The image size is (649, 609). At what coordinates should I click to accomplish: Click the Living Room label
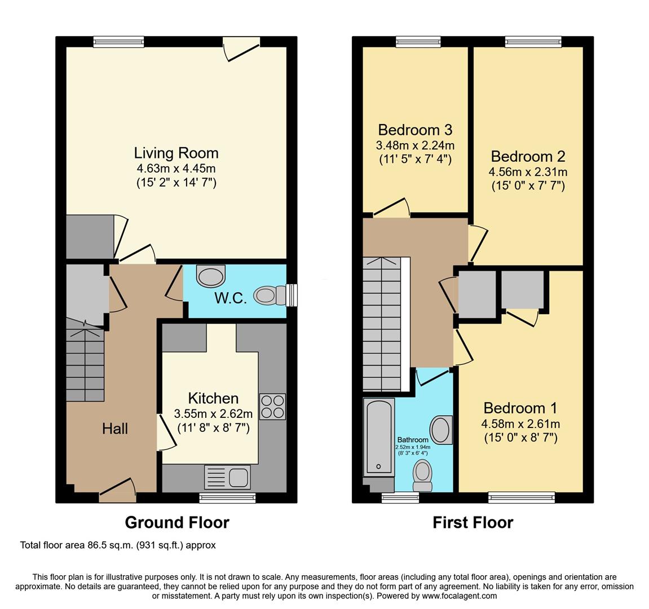point(176,153)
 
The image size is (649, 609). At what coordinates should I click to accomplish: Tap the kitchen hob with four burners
point(272,407)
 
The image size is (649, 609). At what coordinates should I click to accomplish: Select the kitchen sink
point(227,477)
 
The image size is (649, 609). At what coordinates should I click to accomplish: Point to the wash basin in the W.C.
point(211,276)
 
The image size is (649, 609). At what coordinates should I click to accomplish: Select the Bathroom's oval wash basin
point(440,430)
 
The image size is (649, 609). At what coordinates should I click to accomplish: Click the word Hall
point(115,429)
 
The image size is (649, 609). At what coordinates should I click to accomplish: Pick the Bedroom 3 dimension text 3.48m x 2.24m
point(415,145)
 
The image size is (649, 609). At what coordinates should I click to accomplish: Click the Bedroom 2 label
point(528,156)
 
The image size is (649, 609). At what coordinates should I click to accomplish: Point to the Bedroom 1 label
point(520,408)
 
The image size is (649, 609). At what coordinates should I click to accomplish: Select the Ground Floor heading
point(177,522)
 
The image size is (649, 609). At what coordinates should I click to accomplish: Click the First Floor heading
point(473,522)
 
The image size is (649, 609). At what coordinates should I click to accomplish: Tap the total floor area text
point(118,545)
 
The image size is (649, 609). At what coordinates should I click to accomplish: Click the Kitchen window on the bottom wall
point(227,497)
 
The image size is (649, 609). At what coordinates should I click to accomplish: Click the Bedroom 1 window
point(522,497)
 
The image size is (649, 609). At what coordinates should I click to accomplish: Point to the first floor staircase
point(383,324)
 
